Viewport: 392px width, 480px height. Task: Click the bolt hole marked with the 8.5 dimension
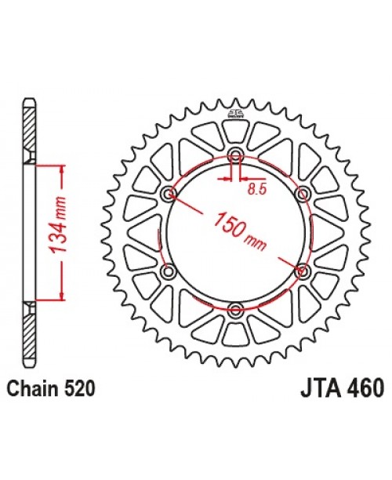(x=235, y=155)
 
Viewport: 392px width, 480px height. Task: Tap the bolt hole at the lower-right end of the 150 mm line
(x=302, y=270)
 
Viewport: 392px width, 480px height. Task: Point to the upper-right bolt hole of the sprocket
(x=302, y=193)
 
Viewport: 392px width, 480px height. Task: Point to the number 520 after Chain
(x=80, y=387)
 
